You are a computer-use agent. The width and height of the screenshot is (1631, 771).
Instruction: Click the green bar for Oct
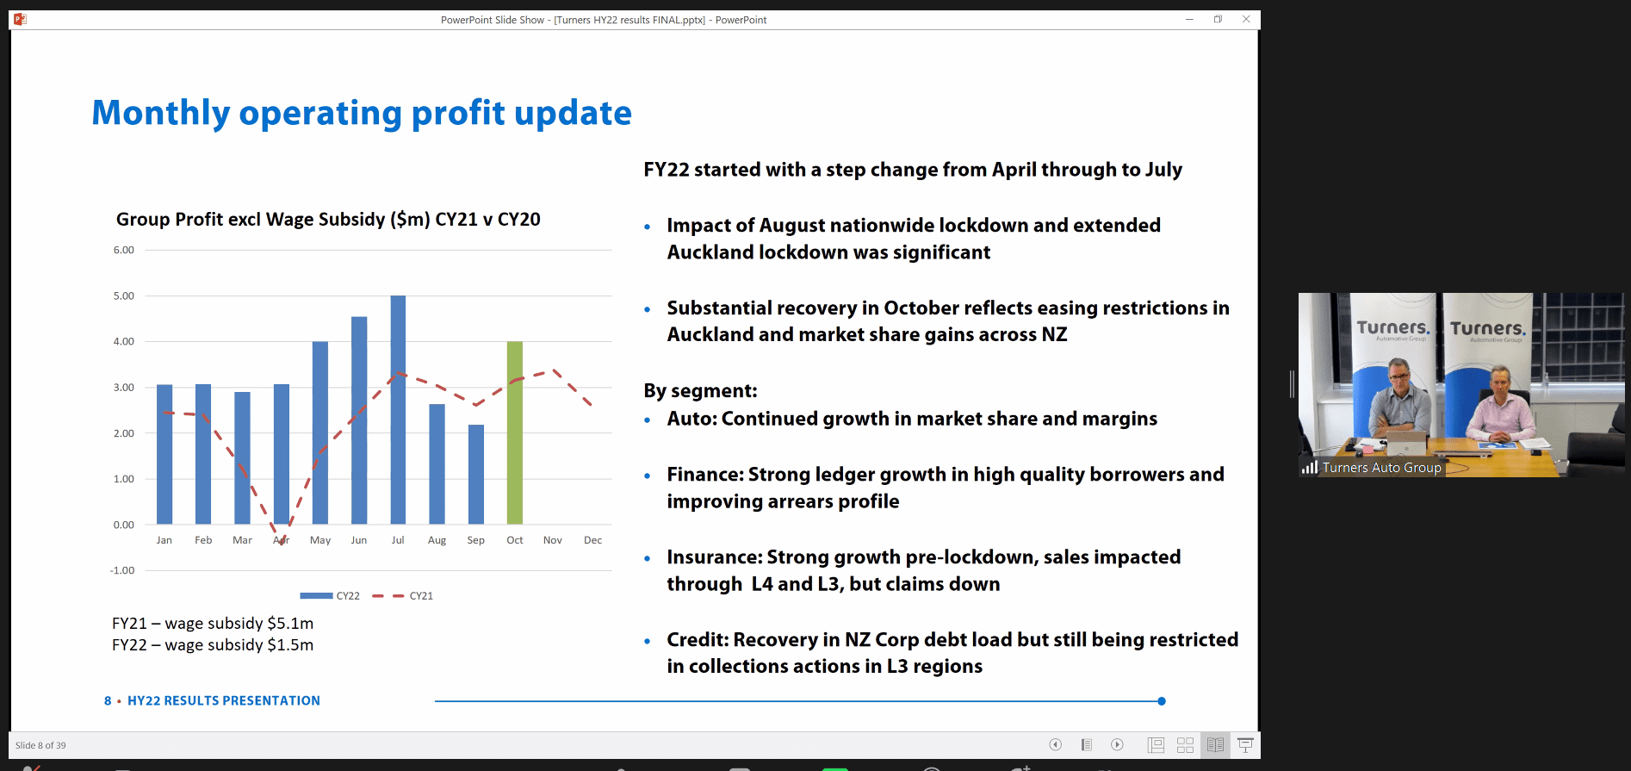point(514,432)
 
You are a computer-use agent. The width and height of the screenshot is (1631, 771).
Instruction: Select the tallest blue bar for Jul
point(398,409)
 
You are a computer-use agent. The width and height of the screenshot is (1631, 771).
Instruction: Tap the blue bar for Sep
point(475,474)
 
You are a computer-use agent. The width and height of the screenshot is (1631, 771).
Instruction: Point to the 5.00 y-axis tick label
point(124,296)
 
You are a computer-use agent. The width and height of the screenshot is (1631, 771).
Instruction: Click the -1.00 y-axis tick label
point(122,570)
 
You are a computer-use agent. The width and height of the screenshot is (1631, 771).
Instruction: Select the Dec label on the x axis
point(592,540)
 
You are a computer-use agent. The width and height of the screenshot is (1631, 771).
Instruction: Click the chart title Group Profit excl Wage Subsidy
point(328,220)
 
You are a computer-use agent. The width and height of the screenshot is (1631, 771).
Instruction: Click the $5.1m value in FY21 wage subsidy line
point(290,624)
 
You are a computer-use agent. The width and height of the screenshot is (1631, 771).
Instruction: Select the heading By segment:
point(700,391)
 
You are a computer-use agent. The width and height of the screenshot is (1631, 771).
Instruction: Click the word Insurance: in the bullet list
point(714,557)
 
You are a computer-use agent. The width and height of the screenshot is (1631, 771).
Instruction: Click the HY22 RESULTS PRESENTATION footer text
point(223,701)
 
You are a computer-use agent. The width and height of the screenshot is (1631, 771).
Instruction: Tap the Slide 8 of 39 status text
point(40,746)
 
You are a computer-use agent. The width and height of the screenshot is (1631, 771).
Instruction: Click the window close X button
point(1245,19)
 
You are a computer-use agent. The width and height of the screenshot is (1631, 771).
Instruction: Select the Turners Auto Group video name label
point(1380,468)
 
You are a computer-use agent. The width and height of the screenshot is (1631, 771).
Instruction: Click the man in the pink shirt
point(1501,409)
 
